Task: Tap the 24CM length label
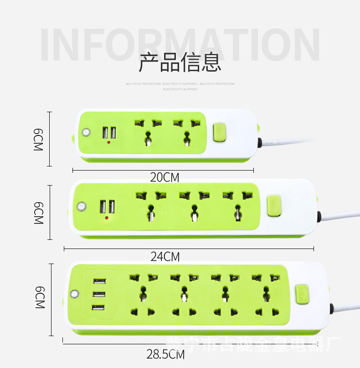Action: click(x=165, y=257)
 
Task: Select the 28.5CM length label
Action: click(x=165, y=354)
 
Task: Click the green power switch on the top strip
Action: click(x=219, y=133)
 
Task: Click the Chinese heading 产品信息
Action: click(x=180, y=62)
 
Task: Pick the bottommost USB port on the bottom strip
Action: click(x=98, y=307)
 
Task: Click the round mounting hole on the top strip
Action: click(x=86, y=133)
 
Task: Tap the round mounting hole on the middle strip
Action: click(x=81, y=207)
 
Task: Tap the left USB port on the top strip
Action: click(x=105, y=133)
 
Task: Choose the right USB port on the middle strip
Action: click(x=111, y=207)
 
